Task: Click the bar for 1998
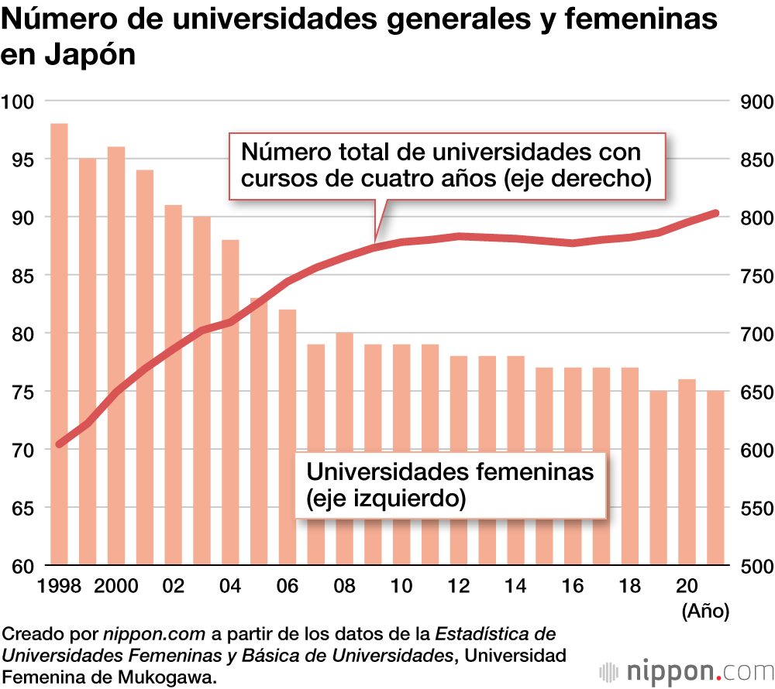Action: point(59,344)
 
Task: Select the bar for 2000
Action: point(116,355)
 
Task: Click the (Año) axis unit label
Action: point(705,612)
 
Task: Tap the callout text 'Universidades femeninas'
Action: point(450,471)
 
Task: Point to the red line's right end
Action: point(715,213)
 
